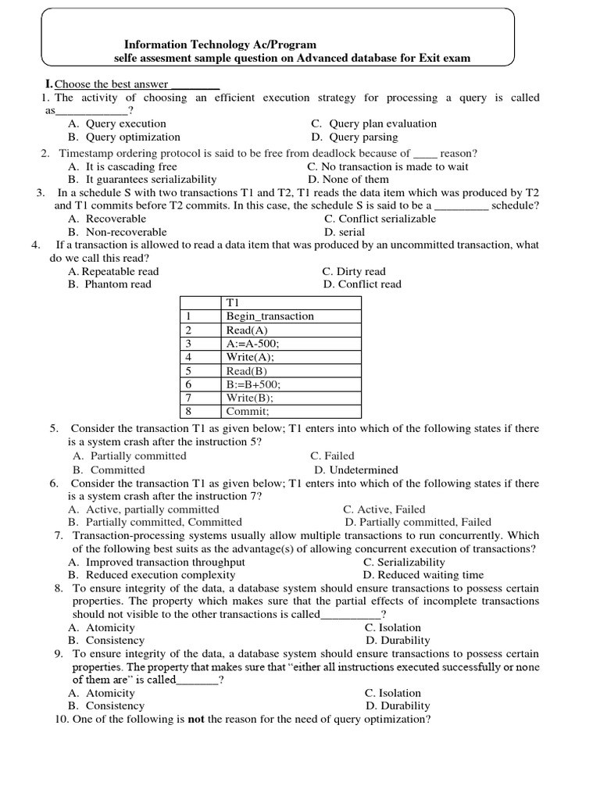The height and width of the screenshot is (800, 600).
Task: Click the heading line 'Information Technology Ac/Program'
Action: [x=220, y=45]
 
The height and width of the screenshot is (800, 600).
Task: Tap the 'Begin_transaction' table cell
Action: [x=270, y=316]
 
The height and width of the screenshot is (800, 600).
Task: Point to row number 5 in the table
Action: [x=188, y=370]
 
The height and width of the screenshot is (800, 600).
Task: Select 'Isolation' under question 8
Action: [x=398, y=627]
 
